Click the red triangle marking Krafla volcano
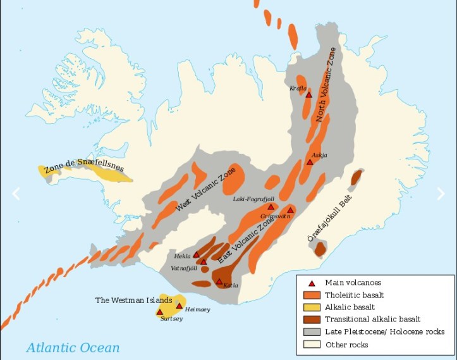(308, 95)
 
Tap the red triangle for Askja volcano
(310, 162)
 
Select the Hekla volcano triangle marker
(196, 255)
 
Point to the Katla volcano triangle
(219, 282)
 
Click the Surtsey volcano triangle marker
(160, 311)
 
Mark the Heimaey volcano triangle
(179, 306)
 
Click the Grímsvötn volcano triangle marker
(290, 210)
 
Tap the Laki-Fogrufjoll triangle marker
(271, 207)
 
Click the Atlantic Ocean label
(72, 347)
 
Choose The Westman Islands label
(133, 300)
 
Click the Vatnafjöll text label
(185, 268)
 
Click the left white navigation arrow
(16, 194)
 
